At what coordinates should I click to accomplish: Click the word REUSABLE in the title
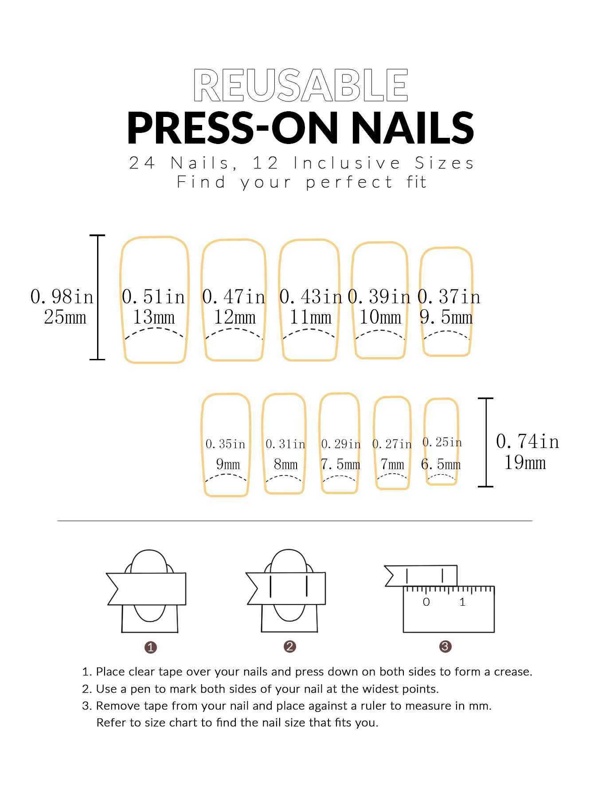click(301, 86)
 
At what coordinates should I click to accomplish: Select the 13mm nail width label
click(154, 317)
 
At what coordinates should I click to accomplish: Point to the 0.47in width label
click(234, 296)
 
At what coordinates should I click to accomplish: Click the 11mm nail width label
click(310, 317)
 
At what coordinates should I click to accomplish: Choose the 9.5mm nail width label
click(446, 317)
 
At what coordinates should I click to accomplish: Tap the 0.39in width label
click(379, 296)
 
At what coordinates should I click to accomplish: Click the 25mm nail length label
click(65, 317)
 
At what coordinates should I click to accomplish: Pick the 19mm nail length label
click(525, 462)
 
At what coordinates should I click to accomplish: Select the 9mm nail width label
click(228, 464)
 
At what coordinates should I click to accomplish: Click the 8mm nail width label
click(285, 464)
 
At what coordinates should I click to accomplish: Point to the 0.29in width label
click(341, 444)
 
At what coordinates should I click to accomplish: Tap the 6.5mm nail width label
click(441, 464)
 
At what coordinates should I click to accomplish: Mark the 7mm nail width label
click(392, 464)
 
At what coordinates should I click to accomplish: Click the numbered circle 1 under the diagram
click(151, 647)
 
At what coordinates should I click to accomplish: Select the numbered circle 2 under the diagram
click(289, 647)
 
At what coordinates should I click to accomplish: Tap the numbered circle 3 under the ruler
click(445, 647)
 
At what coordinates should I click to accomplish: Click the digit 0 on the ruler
click(426, 602)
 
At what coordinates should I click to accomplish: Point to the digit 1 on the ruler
click(462, 602)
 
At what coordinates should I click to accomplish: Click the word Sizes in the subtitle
click(444, 163)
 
